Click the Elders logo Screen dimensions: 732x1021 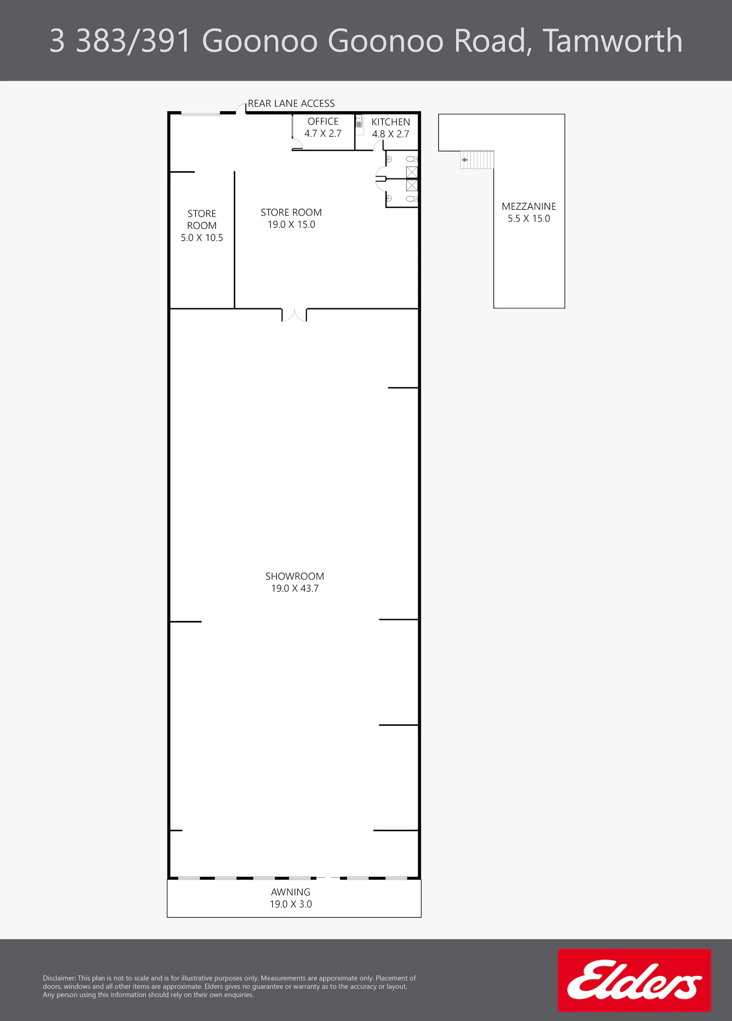[x=634, y=980]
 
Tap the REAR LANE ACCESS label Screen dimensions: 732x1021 [x=291, y=103]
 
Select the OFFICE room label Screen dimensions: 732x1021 [x=323, y=121]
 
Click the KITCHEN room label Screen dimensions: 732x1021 [x=391, y=122]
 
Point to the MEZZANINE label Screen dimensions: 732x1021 [x=529, y=206]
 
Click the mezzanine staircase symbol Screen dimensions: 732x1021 [x=477, y=160]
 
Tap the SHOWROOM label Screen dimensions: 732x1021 [x=295, y=576]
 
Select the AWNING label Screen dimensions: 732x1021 [x=291, y=892]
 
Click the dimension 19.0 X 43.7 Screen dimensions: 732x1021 [x=295, y=588]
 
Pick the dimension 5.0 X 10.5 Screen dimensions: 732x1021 [x=202, y=238]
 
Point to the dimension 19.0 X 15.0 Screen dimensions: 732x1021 [x=291, y=224]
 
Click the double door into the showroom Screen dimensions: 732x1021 [x=294, y=315]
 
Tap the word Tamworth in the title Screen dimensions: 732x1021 [x=612, y=40]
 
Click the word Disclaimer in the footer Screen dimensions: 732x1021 [x=59, y=978]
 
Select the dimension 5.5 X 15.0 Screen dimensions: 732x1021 [x=529, y=219]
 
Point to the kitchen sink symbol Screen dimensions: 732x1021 [x=359, y=121]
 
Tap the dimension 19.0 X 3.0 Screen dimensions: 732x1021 [x=291, y=904]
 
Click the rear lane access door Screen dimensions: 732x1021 [x=241, y=108]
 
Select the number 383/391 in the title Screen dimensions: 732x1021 [x=133, y=40]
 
